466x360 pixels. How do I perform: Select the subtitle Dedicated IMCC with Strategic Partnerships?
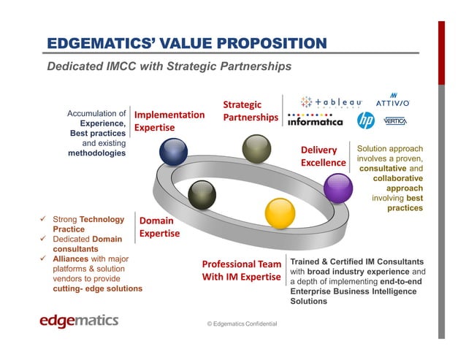pos(169,66)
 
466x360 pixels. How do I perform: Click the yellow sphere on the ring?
pos(279,213)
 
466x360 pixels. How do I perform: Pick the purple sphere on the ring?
pos(337,189)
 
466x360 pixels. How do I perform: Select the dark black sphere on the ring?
pos(202,193)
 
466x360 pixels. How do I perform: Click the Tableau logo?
pos(332,102)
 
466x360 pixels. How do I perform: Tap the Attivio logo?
pos(393,100)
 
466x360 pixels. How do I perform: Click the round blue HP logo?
pos(366,120)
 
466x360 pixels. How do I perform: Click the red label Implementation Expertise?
pos(169,120)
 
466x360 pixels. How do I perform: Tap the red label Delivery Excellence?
pos(323,156)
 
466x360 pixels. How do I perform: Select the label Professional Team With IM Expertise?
pos(241,269)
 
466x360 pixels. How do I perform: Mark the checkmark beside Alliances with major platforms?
pos(44,258)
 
